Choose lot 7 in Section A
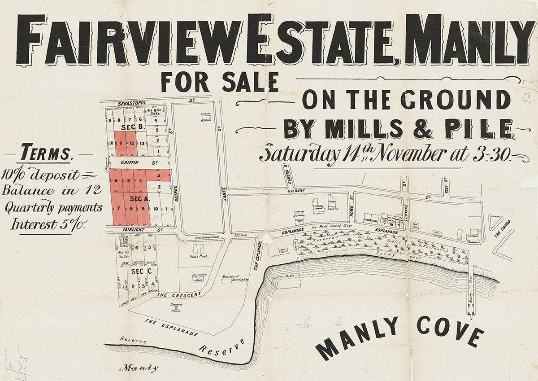tap(118, 208)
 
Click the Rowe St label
tap(353, 210)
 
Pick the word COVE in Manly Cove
tap(450, 331)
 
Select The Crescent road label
tap(178, 295)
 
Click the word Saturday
tap(299, 154)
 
